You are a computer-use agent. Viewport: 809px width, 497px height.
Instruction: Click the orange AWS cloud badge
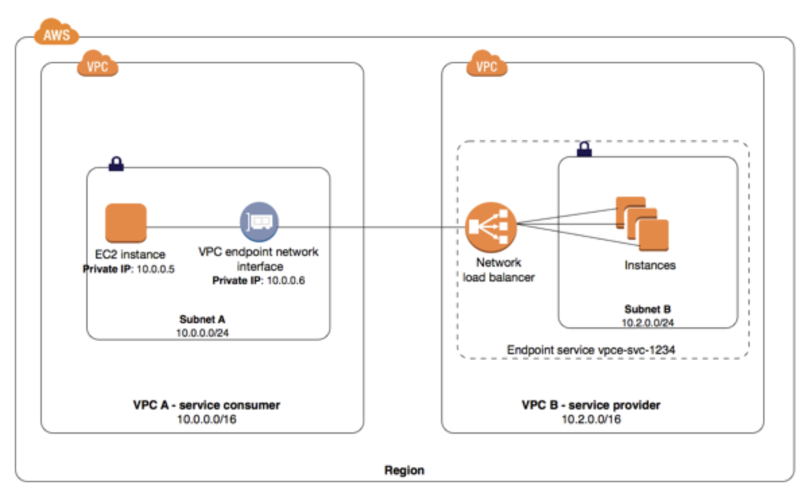point(56,32)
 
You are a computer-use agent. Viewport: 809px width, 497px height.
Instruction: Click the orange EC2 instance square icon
point(125,224)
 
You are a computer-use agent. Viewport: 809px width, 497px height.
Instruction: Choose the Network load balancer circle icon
point(490,227)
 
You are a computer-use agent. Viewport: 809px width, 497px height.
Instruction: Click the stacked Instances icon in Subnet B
point(642,224)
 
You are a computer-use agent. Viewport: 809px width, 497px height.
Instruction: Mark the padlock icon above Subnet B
point(584,149)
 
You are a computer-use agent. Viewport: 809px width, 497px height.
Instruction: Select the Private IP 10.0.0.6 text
point(259,280)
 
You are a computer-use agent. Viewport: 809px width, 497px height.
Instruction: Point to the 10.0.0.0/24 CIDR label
point(207,331)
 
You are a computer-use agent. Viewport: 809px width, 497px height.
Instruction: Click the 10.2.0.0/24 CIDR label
point(647,322)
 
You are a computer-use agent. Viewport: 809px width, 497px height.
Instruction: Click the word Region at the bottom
point(404,469)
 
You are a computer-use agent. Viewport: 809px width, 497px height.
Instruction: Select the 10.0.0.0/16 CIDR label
point(206,418)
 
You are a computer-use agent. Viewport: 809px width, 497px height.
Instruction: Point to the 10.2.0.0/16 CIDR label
point(591,418)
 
